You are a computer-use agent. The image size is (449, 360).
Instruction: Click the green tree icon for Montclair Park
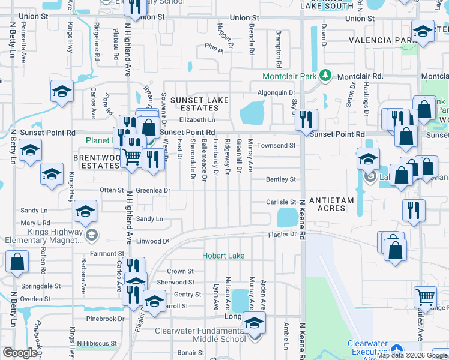coord(325,76)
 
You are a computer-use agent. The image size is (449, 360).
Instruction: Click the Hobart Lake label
coord(223,256)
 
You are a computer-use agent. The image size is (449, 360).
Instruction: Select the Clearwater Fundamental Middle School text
coord(200,335)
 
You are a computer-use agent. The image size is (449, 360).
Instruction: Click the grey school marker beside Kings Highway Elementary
coord(91,234)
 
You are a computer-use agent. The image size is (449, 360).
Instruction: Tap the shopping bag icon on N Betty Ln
coord(17,262)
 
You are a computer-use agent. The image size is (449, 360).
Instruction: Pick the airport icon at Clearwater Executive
coord(396,349)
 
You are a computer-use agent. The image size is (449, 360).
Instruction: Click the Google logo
coord(20,353)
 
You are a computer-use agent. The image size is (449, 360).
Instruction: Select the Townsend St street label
coord(276,146)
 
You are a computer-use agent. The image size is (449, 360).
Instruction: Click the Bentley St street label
coord(281,179)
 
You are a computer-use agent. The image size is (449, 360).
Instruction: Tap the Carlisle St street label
coord(282,203)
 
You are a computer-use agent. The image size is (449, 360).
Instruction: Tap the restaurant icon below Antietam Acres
coord(414,211)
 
